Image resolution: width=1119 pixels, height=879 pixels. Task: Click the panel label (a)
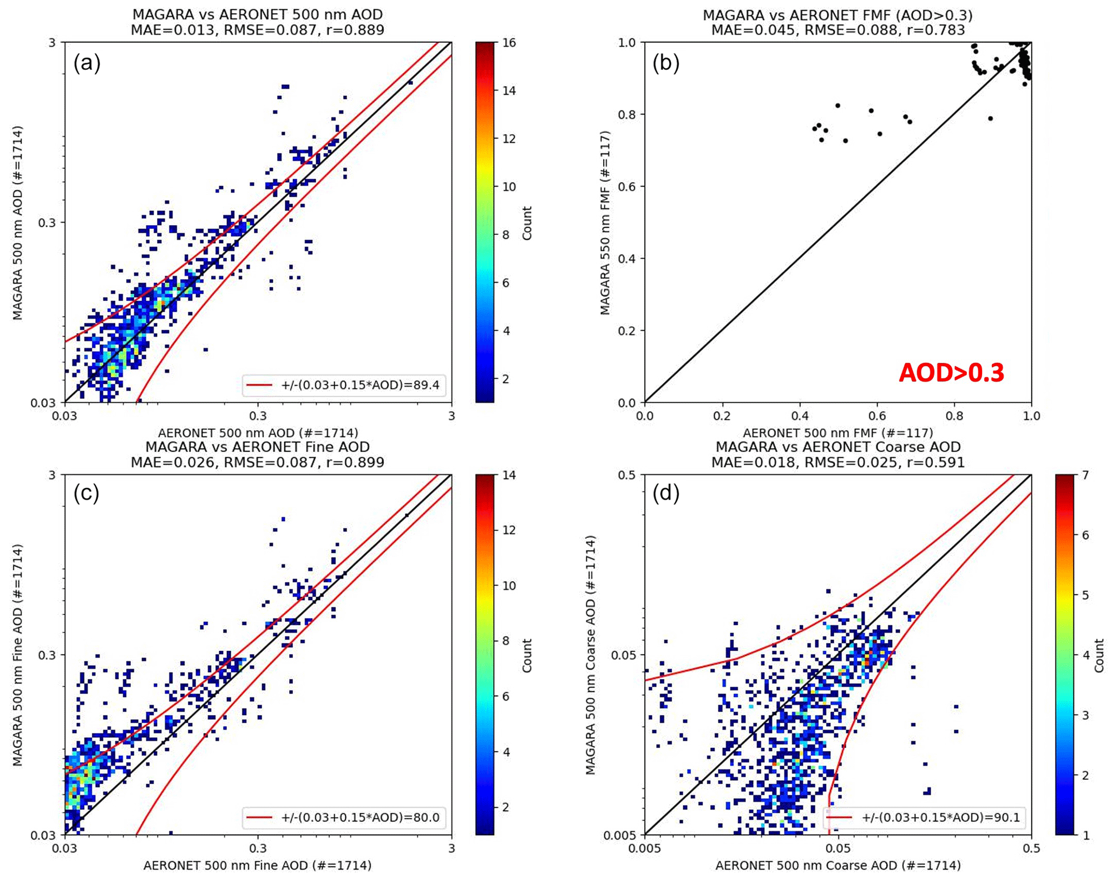[x=87, y=63]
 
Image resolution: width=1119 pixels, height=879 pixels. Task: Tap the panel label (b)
[x=665, y=63]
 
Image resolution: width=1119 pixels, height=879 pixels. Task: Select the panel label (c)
[x=87, y=493]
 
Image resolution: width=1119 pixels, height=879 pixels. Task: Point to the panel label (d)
[x=665, y=493]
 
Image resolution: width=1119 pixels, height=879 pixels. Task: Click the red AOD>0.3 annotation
[x=951, y=373]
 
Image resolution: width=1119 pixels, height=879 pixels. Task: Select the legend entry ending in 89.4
[x=344, y=385]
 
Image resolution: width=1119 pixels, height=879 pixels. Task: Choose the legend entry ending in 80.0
[x=344, y=817]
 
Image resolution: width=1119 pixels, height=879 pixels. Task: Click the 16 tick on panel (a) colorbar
[x=509, y=43]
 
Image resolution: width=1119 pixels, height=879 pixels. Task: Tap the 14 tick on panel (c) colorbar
[x=509, y=475]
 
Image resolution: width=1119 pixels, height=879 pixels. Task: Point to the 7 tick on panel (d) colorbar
[x=1085, y=475]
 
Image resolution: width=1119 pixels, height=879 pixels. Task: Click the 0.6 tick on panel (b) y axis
[x=627, y=187]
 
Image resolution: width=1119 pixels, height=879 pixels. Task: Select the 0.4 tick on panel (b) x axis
[x=800, y=416]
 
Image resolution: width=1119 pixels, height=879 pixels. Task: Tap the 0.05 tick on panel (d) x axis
[x=838, y=848]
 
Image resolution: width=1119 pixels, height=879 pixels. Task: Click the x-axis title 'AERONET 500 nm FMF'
[x=837, y=432]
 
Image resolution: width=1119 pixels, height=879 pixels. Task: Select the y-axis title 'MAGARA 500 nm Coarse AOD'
[x=591, y=655]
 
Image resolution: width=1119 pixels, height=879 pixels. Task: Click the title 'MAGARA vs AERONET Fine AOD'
[x=258, y=447]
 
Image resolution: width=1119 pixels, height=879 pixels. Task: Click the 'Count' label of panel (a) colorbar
[x=527, y=222]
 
